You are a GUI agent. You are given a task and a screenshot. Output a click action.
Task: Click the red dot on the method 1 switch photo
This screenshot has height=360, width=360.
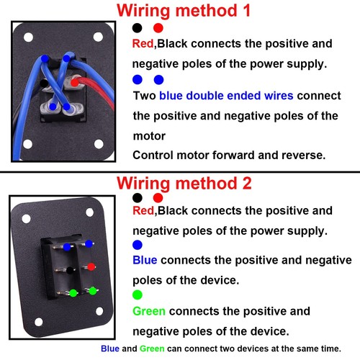pyautogui.click(x=75, y=83)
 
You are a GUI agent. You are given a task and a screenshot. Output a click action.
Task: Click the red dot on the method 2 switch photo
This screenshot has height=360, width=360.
pyautogui.click(x=91, y=267)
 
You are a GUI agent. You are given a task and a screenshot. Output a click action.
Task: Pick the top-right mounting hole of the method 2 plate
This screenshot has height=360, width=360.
pyautogui.click(x=90, y=212)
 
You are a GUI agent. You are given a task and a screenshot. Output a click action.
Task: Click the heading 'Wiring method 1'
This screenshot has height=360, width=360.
pyautogui.click(x=184, y=11)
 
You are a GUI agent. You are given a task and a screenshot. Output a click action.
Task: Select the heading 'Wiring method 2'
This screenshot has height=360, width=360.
pyautogui.click(x=184, y=183)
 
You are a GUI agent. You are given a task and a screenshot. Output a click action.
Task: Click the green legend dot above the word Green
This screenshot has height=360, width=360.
pyautogui.click(x=138, y=294)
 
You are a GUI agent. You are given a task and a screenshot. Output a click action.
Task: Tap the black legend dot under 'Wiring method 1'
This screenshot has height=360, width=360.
pyautogui.click(x=137, y=27)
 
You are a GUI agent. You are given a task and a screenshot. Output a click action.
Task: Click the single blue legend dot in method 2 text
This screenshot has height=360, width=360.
pyautogui.click(x=138, y=244)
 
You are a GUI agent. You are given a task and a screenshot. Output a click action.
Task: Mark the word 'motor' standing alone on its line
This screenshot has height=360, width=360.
pyautogui.click(x=149, y=135)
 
